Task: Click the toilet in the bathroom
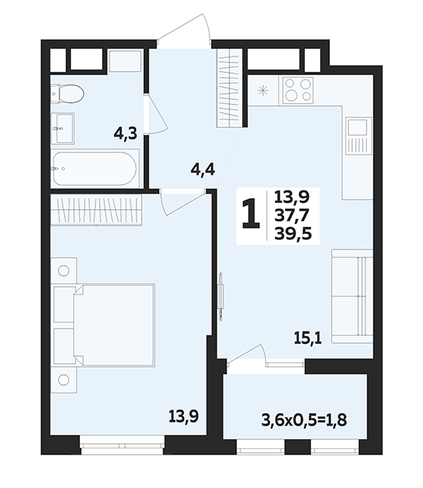point(68,93)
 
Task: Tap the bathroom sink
point(62,129)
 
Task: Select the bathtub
point(95,169)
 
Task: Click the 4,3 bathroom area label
point(125,134)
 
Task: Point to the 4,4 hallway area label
point(203,170)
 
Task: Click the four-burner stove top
point(298,90)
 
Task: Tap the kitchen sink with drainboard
point(359,136)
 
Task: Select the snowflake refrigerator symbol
point(263,91)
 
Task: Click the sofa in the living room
point(352,297)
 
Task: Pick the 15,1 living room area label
point(308,338)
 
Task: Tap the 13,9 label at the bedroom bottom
point(184,416)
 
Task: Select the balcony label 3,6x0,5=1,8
point(304,421)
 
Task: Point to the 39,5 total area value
point(293,234)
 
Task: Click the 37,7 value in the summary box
point(292,215)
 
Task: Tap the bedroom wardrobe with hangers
point(96,210)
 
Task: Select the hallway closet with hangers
point(229,88)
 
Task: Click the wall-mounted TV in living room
point(220,297)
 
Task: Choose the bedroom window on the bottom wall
point(122,445)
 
